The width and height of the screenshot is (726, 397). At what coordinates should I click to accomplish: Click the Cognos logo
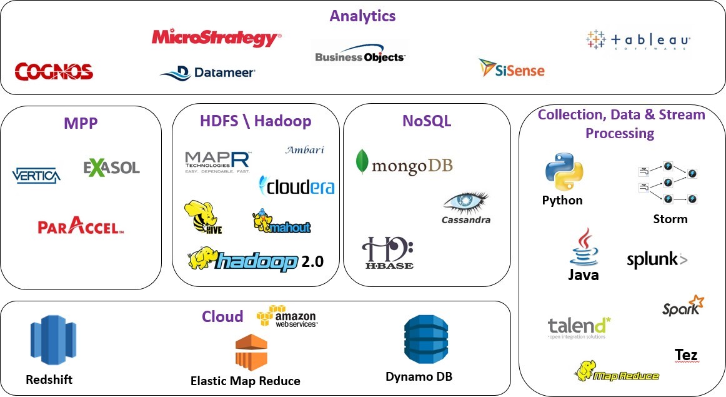click(54, 71)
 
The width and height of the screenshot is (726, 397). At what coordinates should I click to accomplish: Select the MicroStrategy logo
click(216, 38)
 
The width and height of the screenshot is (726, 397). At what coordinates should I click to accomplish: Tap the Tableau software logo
click(638, 41)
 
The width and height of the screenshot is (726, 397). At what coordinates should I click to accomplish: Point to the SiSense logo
click(512, 68)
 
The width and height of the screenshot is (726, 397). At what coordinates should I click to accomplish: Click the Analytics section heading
click(363, 16)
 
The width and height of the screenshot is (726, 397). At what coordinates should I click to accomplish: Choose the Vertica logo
click(37, 175)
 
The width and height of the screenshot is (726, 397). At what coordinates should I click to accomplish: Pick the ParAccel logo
click(80, 227)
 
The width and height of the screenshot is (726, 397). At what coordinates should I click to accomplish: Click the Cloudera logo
click(297, 186)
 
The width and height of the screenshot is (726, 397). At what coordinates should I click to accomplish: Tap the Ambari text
click(304, 150)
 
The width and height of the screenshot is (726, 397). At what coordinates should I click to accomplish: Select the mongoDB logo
click(404, 164)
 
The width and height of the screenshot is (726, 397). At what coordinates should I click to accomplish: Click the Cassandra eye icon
click(466, 203)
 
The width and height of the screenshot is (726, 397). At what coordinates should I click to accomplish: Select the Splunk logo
click(657, 259)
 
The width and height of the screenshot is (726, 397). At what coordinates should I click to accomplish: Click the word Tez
click(686, 355)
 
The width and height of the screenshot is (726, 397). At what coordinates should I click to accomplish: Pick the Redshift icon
click(49, 341)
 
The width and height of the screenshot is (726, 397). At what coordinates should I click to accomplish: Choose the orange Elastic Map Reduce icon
click(251, 352)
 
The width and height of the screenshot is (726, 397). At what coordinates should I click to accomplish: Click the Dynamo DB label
click(419, 376)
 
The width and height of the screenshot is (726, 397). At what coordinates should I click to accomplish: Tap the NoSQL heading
click(427, 121)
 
